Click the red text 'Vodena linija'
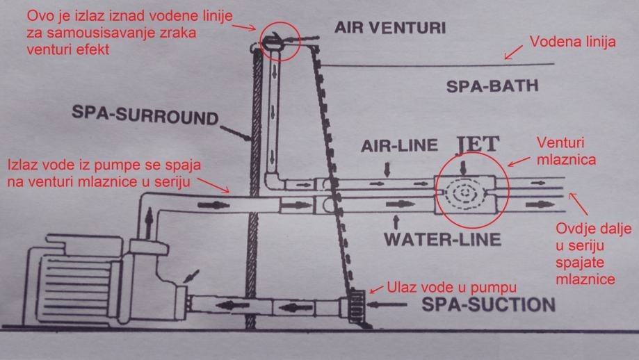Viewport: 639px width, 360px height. point(573,42)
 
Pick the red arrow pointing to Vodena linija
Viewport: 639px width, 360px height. point(515,51)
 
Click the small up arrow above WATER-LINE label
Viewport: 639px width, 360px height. point(396,223)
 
